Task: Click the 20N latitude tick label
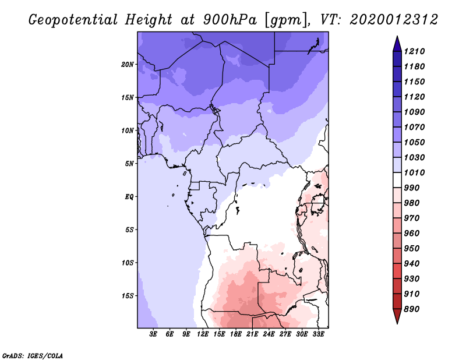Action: [x=128, y=65]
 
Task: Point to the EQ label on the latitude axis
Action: [x=129, y=197]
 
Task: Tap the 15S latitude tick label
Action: [x=128, y=296]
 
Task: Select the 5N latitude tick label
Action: [x=129, y=164]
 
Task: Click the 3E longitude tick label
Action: [x=153, y=334]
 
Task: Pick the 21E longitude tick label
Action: [x=252, y=334]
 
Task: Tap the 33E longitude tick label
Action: [x=318, y=334]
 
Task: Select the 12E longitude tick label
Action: [x=203, y=334]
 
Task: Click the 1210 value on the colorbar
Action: [x=414, y=51]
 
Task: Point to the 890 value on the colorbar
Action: [x=412, y=309]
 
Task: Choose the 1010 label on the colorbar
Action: [x=414, y=172]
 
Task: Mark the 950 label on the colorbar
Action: [x=412, y=249]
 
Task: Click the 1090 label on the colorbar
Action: [x=414, y=112]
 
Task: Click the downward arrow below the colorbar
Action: [x=397, y=316]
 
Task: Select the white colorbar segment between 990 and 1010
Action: [x=397, y=180]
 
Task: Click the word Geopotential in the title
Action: [x=73, y=20]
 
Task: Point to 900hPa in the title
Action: [x=230, y=20]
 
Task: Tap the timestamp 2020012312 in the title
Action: [x=394, y=20]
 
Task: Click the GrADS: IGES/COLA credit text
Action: [x=33, y=356]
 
